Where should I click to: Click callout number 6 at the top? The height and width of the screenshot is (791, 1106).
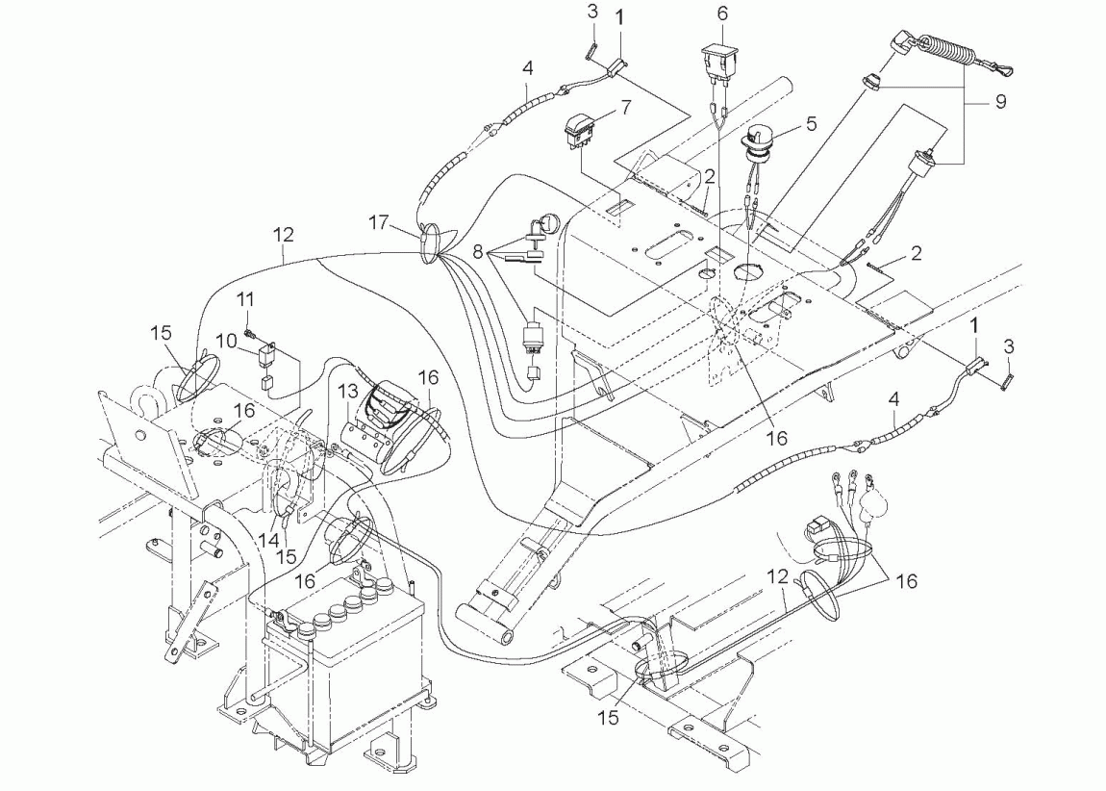click(x=722, y=13)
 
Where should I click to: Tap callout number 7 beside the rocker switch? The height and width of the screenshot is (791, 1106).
click(x=626, y=107)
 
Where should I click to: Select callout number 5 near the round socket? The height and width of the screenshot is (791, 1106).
click(x=811, y=123)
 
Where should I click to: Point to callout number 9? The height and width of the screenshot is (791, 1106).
click(x=1000, y=102)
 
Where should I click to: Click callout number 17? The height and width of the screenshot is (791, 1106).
click(x=378, y=222)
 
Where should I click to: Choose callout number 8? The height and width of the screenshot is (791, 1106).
click(x=478, y=252)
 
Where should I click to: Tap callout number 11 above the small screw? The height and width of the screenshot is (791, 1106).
click(x=244, y=300)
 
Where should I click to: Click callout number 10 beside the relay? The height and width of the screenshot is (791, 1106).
click(x=226, y=341)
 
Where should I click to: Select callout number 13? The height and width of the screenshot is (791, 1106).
click(x=348, y=391)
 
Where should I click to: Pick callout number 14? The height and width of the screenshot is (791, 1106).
click(x=268, y=541)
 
